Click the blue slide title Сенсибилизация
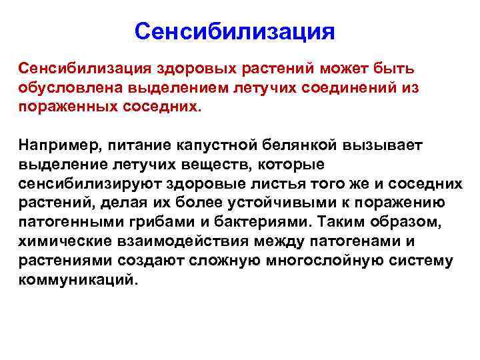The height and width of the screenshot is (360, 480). (234, 31)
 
